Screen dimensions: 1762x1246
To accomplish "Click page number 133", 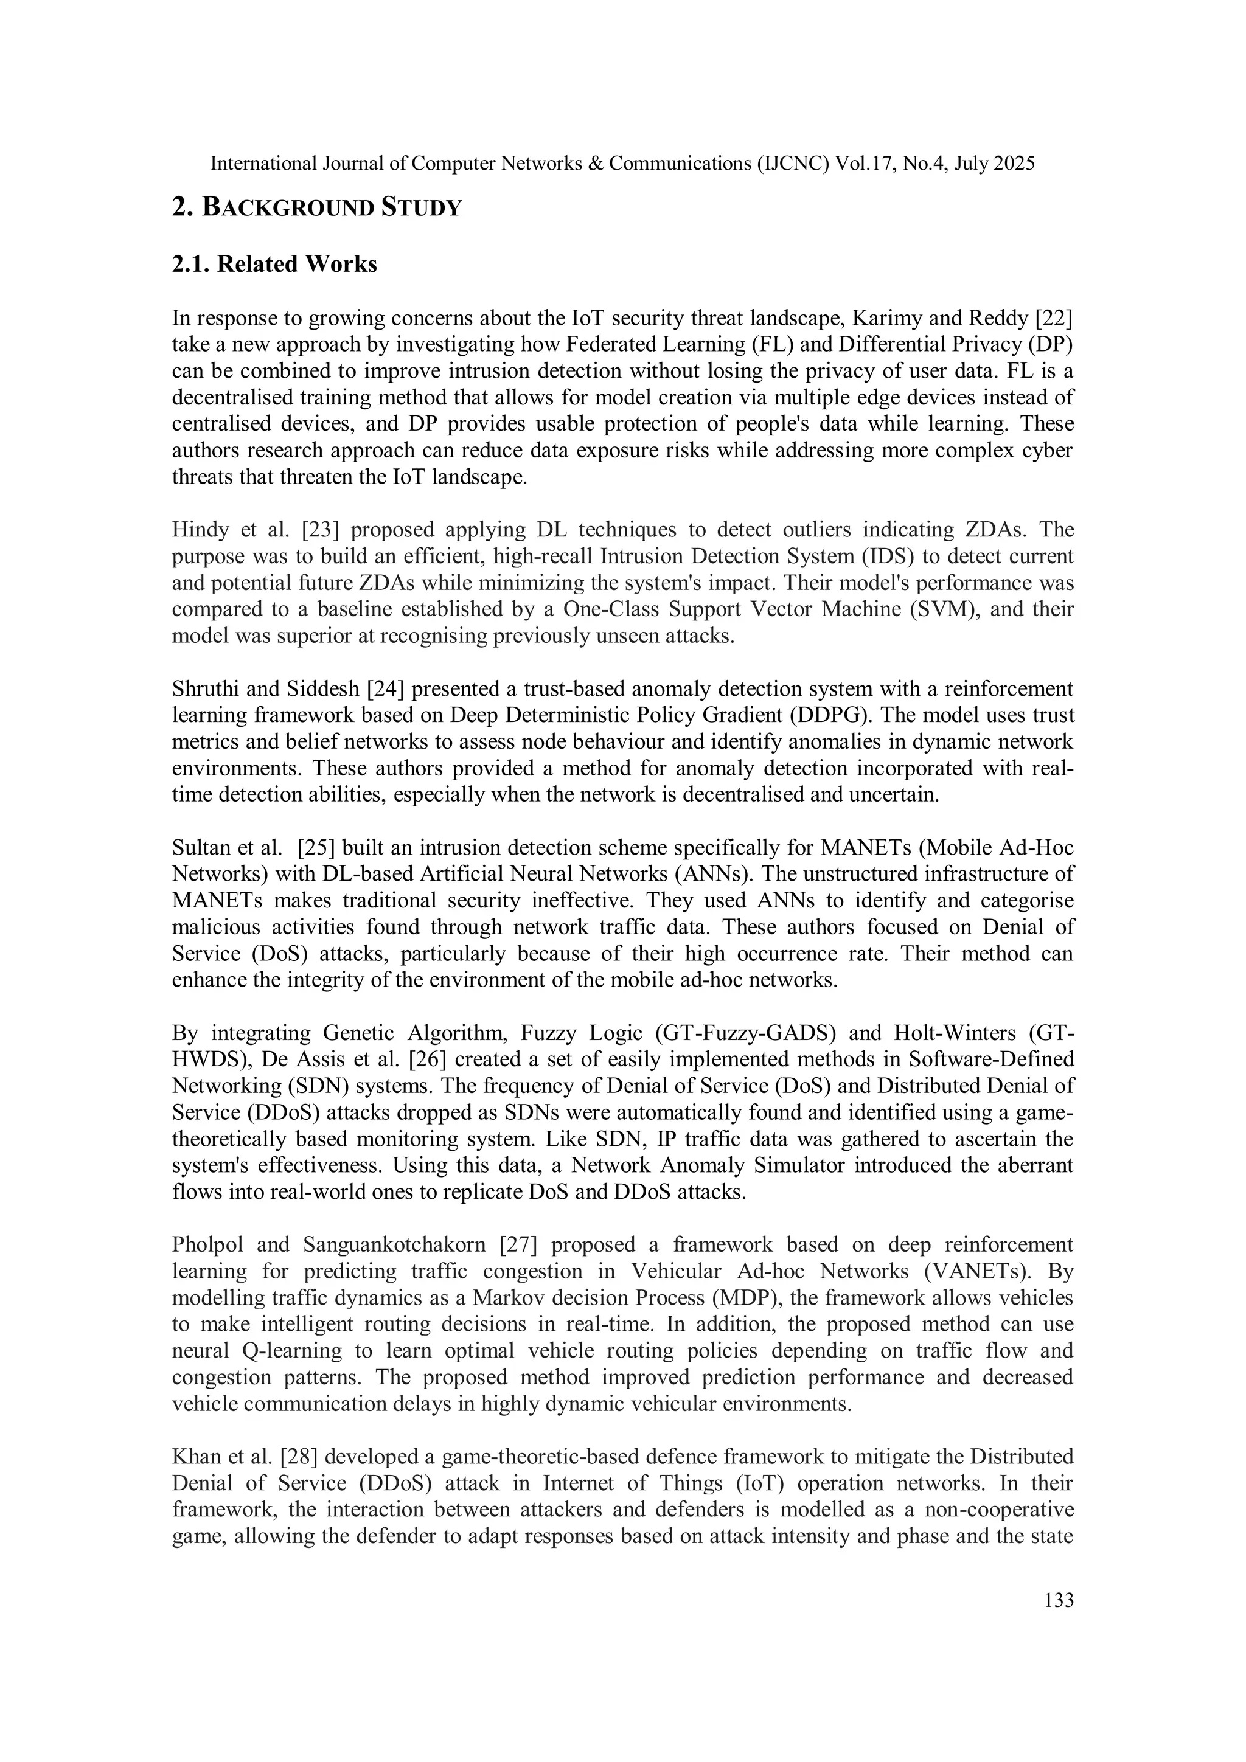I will [x=1059, y=1600].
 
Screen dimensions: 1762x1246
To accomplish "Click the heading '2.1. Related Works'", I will [x=274, y=264].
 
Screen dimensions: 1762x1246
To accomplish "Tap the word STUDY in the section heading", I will [x=422, y=208].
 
